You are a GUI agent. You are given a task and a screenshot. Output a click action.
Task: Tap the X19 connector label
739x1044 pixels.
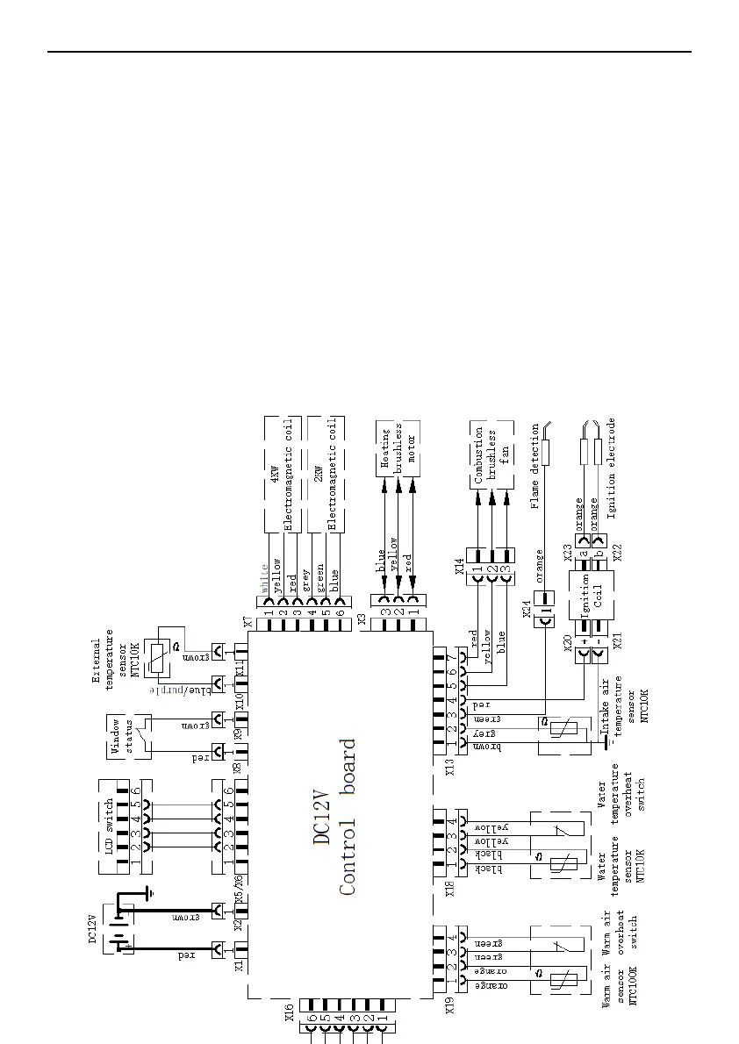450,1004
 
